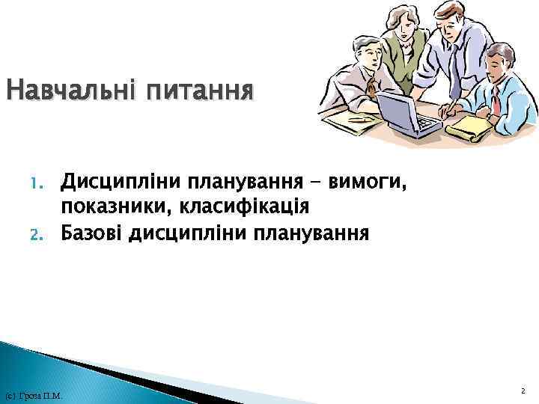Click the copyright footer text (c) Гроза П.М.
tap(33, 395)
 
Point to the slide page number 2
tap(522, 391)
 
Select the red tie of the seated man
tap(495, 98)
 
